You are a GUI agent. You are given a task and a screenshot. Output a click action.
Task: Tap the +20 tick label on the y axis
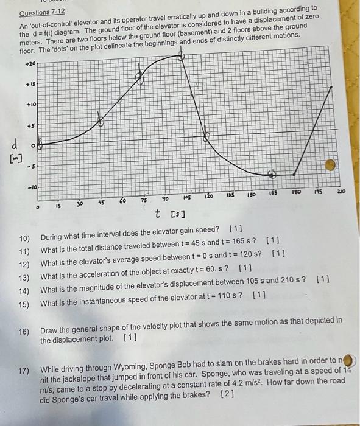(30, 63)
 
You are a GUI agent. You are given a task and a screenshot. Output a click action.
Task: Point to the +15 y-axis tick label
(30, 85)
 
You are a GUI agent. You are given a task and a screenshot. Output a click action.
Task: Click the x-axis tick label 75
(144, 200)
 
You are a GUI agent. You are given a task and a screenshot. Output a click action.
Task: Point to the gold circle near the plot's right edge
(330, 164)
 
